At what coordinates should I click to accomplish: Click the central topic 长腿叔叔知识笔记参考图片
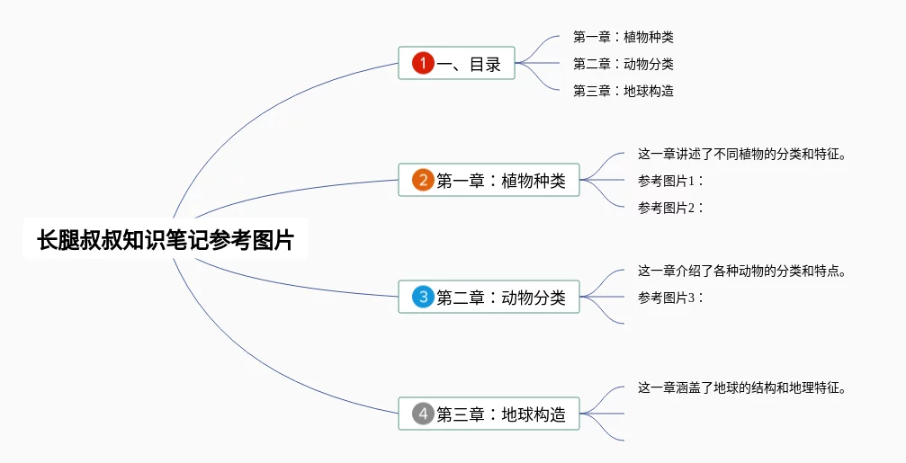pos(166,239)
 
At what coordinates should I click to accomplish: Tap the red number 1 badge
pos(423,63)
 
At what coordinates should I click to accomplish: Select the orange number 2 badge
pos(423,180)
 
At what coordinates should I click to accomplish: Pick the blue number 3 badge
pos(423,297)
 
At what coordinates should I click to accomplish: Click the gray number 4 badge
pos(423,414)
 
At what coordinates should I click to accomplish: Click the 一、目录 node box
pos(456,63)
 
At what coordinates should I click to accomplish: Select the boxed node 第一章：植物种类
pos(489,180)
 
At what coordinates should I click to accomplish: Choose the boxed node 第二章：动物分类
pos(489,297)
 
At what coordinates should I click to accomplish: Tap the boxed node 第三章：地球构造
pos(489,414)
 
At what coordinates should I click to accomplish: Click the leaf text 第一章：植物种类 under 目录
pos(623,37)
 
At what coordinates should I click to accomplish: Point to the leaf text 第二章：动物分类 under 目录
pos(623,64)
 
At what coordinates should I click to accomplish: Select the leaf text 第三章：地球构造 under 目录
pos(623,91)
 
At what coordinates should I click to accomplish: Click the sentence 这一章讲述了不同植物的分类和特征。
pos(742,154)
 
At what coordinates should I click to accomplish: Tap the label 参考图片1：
pos(671,181)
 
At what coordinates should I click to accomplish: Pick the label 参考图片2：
pos(671,208)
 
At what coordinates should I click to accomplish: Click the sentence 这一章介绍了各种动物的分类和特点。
pos(742,271)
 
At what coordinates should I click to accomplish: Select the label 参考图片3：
pos(671,298)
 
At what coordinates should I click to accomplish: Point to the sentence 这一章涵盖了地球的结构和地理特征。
pos(742,388)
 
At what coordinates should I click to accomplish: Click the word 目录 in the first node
pos(485,64)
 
